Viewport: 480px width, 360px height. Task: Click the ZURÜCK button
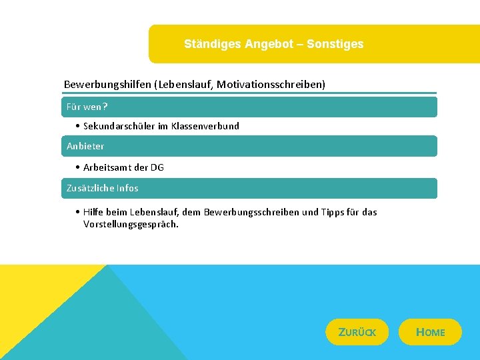[x=357, y=332]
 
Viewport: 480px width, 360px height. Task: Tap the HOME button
[x=430, y=332]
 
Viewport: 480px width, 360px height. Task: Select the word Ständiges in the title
[x=213, y=44]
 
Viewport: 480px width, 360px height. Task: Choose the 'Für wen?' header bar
[x=250, y=107]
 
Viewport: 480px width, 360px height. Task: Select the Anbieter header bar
[x=250, y=146]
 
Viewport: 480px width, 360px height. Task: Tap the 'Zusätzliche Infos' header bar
[x=250, y=188]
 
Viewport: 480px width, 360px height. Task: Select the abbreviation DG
[x=157, y=167]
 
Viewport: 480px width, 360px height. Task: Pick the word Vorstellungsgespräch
[x=131, y=224]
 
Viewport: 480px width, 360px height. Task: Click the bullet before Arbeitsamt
[x=78, y=167]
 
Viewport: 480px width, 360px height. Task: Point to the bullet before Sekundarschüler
[x=78, y=126]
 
